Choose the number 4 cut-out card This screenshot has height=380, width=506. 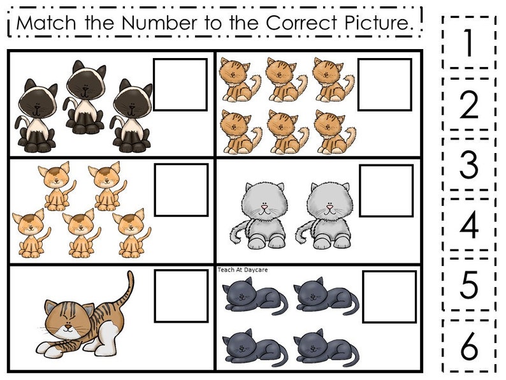coord(469,225)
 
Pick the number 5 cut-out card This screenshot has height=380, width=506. coord(469,286)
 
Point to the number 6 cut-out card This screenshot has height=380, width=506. coord(469,346)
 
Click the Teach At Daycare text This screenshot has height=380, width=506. coord(242,270)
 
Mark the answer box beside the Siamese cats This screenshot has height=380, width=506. coord(180,85)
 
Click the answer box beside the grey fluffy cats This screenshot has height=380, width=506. coord(386,191)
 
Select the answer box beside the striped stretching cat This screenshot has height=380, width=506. coord(181,296)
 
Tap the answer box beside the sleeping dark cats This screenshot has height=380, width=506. coord(389,296)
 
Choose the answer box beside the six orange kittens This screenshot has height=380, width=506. coord(384,85)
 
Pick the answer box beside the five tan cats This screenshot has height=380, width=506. coord(181,190)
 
